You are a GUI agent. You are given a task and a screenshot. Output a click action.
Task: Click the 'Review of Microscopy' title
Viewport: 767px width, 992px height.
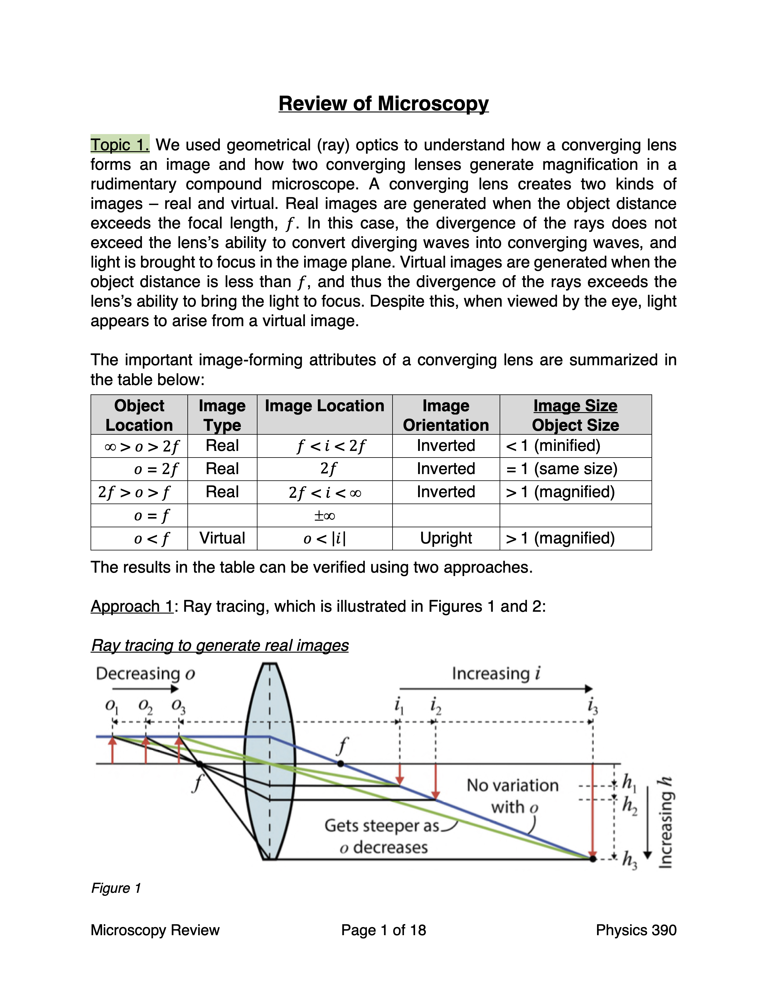click(383, 104)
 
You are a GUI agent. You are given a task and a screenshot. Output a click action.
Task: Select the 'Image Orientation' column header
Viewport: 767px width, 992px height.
click(446, 415)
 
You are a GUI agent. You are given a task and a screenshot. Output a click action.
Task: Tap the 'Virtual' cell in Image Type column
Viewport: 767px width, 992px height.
click(222, 538)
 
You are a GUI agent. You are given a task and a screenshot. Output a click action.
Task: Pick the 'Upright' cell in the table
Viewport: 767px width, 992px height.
click(446, 538)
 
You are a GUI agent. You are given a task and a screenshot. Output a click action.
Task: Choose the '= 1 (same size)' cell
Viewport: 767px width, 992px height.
click(562, 469)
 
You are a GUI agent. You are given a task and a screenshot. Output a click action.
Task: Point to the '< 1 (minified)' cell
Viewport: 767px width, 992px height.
click(553, 445)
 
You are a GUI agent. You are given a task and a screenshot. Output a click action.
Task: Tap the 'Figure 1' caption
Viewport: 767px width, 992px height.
click(116, 888)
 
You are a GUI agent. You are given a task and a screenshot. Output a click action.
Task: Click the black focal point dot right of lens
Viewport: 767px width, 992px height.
click(341, 764)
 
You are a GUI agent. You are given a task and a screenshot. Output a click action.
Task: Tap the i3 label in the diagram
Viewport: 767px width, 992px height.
click(593, 707)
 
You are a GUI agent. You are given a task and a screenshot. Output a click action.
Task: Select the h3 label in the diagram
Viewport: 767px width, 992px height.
click(629, 860)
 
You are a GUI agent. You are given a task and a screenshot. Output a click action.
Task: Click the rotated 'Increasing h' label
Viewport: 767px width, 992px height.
click(666, 822)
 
